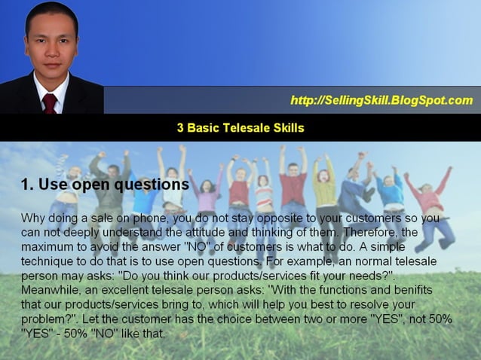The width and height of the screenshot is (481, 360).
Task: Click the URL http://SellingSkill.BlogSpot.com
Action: tap(381, 100)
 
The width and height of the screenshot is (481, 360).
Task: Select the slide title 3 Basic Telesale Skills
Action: tap(240, 128)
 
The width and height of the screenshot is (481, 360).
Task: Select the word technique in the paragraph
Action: tap(47, 261)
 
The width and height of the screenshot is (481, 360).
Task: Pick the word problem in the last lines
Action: tap(44, 319)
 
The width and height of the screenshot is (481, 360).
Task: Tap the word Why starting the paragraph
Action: tap(34, 218)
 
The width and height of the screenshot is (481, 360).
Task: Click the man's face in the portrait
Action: tap(51, 45)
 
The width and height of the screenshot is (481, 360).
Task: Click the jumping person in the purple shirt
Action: tap(206, 197)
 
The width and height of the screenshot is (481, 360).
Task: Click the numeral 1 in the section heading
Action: tap(25, 185)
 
